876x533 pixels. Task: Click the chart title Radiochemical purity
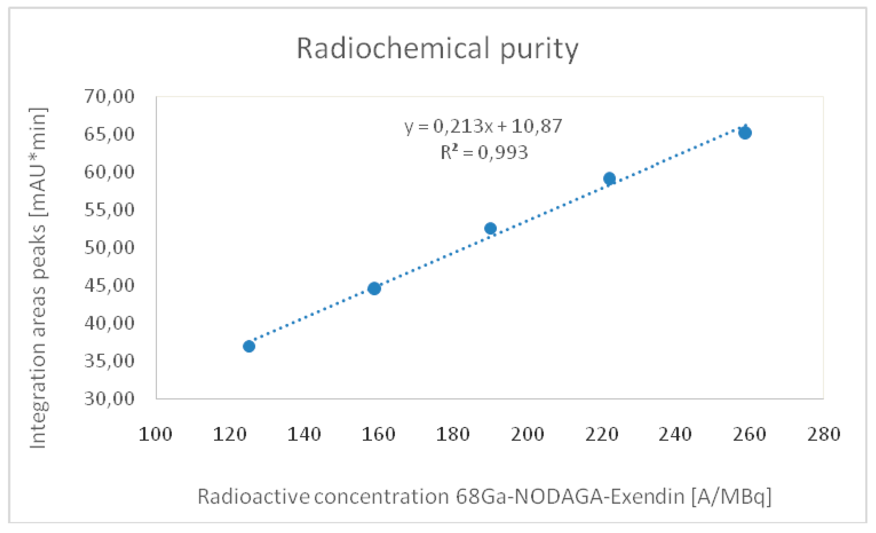tap(437, 49)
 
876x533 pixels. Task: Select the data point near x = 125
tap(249, 346)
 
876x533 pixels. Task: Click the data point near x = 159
tap(374, 288)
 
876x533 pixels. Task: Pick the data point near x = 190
tap(490, 228)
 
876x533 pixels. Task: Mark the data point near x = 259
tap(745, 133)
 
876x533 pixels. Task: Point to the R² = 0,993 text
tap(484, 153)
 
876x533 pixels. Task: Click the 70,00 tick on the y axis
tap(109, 96)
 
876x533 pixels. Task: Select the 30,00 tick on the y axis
tap(109, 398)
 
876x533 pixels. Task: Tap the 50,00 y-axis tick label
tap(109, 247)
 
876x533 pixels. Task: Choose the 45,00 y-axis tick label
tap(109, 285)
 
